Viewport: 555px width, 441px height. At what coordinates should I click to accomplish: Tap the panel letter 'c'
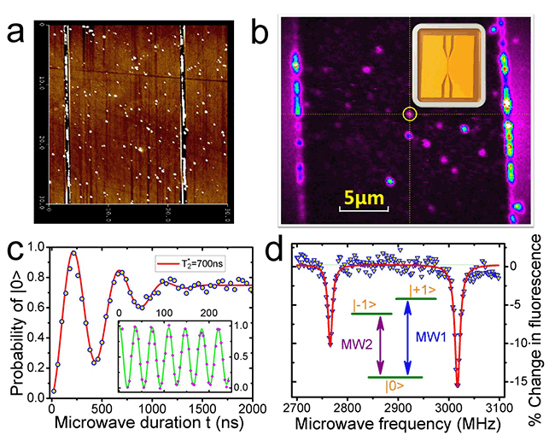(15, 255)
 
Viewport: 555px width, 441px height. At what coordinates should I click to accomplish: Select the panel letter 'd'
(275, 255)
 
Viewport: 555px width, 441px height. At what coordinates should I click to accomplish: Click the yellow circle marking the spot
(409, 114)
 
